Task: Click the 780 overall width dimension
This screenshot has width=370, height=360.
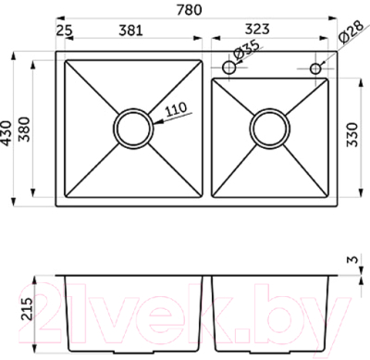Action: coord(190,9)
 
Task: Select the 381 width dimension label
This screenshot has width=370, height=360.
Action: coord(130,31)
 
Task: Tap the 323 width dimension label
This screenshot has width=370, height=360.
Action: coord(257,29)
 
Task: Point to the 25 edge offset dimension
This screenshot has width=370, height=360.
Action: coord(65,31)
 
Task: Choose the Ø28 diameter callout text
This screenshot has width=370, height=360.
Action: coord(351,31)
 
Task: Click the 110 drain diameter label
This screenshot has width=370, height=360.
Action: coord(176,108)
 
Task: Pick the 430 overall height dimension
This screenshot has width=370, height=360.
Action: coord(6,133)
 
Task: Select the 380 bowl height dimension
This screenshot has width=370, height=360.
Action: coord(24,130)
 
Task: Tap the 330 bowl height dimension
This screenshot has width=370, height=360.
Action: coord(351,134)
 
